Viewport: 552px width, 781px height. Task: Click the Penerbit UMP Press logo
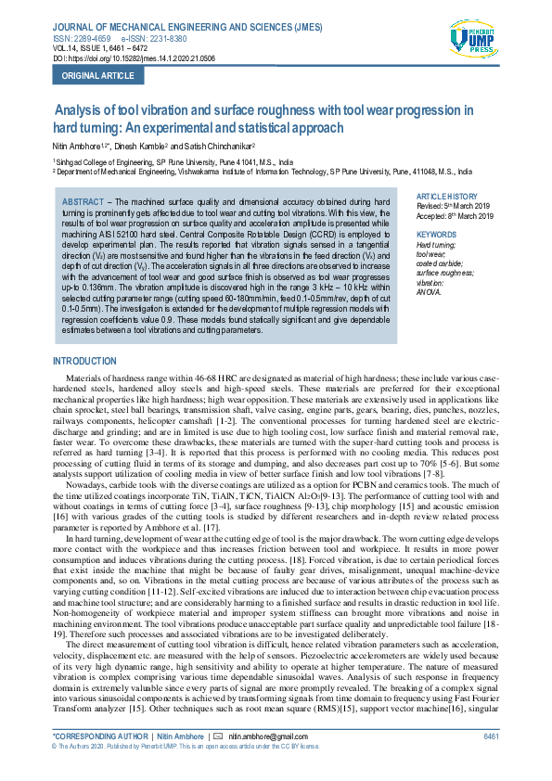click(473, 41)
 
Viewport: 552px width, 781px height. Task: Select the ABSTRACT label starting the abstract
click(82, 201)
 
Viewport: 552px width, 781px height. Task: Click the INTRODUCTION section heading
click(84, 361)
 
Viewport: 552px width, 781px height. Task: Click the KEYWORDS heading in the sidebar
click(437, 235)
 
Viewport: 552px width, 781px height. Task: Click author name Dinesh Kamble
click(141, 147)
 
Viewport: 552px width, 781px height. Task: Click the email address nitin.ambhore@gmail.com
click(270, 736)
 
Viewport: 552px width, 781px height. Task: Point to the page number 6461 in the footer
click(491, 736)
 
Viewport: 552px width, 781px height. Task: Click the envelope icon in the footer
click(217, 736)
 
